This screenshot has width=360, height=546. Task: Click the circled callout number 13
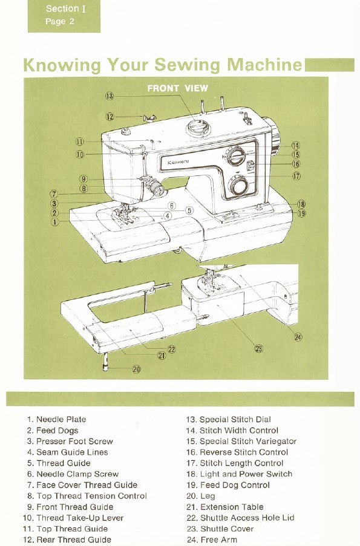tap(110, 96)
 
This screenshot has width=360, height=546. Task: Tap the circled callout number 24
tap(298, 337)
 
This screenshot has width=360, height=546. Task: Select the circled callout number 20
tap(136, 369)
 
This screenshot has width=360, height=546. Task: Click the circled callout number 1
tap(55, 222)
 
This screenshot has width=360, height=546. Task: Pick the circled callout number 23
tap(259, 348)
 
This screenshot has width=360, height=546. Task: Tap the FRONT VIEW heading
tap(177, 88)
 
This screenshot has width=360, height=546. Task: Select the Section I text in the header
tap(62, 8)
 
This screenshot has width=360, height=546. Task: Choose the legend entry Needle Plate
tap(61, 420)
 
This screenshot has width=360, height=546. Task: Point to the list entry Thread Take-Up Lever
tap(80, 518)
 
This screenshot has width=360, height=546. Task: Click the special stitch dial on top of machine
tap(197, 128)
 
